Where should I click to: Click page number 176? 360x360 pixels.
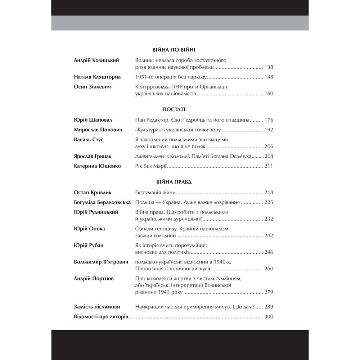(x=269, y=120)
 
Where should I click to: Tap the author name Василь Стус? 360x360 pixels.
(x=89, y=140)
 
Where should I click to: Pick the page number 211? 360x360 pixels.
(x=269, y=166)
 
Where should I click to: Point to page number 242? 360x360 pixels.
(x=269, y=235)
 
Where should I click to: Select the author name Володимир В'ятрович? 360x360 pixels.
(x=101, y=262)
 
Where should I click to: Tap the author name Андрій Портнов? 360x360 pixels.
(x=91, y=279)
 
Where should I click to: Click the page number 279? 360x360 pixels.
(x=269, y=292)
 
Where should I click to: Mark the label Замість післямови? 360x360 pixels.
(x=96, y=307)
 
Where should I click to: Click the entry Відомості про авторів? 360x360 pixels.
(x=101, y=317)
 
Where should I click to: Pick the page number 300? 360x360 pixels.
(x=269, y=317)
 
